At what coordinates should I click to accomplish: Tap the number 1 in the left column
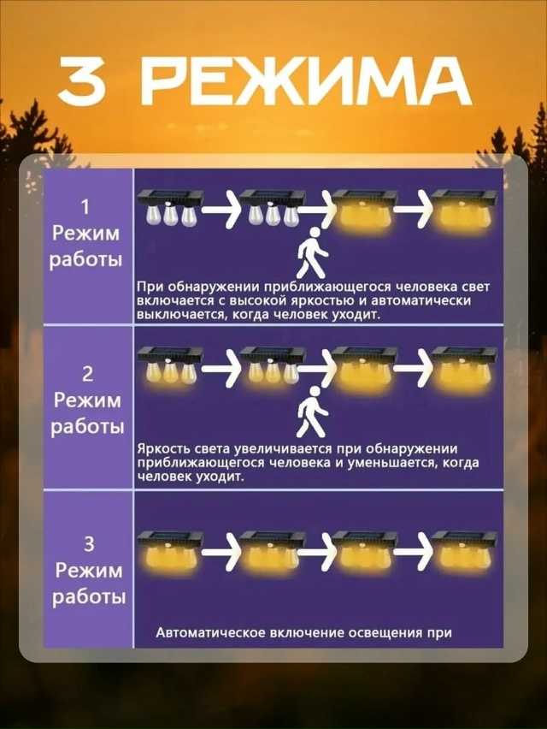tap(85, 206)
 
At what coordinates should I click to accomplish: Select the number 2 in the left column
tap(87, 373)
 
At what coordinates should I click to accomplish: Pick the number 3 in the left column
tap(88, 542)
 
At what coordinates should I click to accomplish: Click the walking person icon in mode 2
tap(313, 411)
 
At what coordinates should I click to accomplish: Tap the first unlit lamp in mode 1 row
tap(170, 207)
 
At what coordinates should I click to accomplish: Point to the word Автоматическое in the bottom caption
tap(210, 633)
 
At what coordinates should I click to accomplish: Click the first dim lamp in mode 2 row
tap(170, 366)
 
